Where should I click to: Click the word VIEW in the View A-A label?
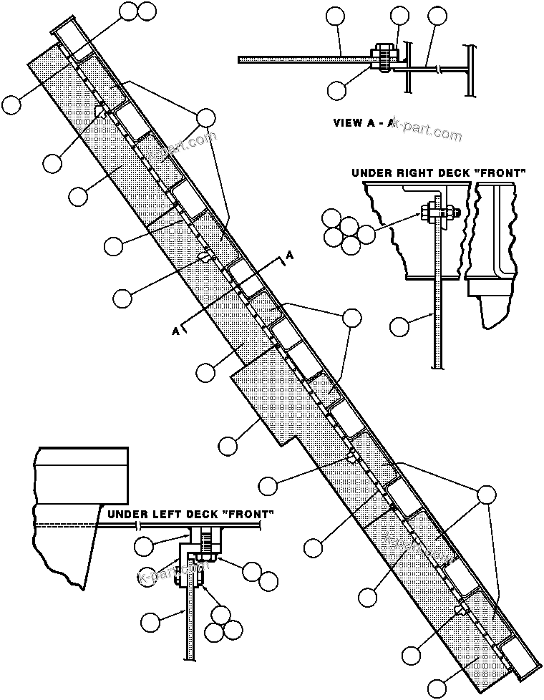tap(349, 122)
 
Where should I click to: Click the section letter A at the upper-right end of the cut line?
tap(289, 254)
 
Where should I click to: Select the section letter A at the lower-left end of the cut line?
tap(175, 330)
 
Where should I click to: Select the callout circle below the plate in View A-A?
tap(338, 89)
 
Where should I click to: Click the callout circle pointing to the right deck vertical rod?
tap(400, 327)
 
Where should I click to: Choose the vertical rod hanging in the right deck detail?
tap(434, 301)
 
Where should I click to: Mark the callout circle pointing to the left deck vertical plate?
tap(151, 621)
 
